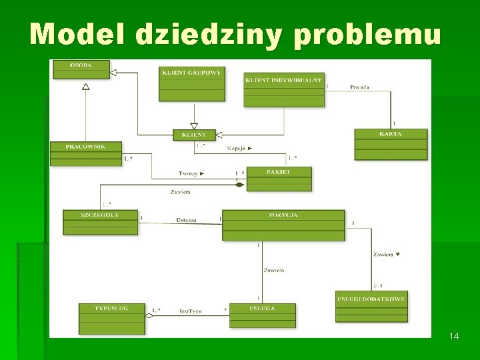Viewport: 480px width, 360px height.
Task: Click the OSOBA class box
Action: (81, 69)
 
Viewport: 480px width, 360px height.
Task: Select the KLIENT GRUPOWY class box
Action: (191, 83)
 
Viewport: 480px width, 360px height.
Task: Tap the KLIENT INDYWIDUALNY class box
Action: (283, 89)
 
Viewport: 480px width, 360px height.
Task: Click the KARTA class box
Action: (390, 144)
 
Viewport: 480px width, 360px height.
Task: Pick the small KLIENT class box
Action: (194, 135)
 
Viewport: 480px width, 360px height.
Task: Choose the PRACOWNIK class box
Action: (86, 154)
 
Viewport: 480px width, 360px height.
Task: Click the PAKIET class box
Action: (279, 179)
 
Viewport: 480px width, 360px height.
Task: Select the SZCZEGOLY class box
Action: (100, 222)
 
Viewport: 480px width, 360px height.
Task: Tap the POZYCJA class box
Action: (283, 225)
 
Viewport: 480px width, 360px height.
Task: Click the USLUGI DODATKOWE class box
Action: (371, 306)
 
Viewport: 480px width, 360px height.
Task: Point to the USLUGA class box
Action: (262, 315)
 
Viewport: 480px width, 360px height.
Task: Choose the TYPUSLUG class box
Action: (111, 318)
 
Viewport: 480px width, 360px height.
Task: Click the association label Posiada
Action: (359, 87)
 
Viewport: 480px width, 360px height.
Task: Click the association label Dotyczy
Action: (187, 219)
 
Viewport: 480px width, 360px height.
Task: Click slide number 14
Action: (454, 336)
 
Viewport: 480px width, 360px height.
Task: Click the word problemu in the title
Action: (367, 33)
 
